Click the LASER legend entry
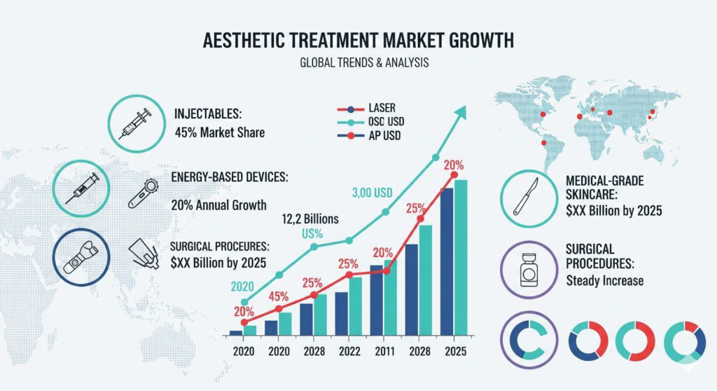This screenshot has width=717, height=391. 381,108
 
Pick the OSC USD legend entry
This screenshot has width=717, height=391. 385,122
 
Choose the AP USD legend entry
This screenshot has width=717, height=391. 384,135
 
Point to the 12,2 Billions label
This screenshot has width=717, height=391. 310,219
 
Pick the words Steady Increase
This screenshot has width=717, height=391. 604,281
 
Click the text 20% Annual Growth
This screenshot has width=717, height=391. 219,205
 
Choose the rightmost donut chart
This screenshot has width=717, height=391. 684,341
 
